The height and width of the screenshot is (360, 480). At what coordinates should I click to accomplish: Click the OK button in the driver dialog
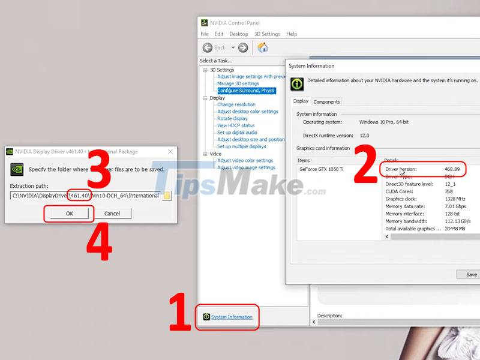coord(70,213)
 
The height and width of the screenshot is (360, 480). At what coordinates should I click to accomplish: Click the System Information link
coord(232,317)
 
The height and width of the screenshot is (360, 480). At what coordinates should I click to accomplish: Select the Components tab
coord(326,101)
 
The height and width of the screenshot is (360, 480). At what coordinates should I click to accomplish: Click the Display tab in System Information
coord(301,101)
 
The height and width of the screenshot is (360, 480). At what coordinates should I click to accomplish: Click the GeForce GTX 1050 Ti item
coord(322,169)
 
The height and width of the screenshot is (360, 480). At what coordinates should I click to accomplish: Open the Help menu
coord(292,34)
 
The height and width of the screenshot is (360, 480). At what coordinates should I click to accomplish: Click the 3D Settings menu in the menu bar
coord(267,34)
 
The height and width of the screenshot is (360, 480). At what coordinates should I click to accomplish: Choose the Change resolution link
coord(236,104)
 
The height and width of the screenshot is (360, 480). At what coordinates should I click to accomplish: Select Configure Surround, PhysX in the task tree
coord(246,91)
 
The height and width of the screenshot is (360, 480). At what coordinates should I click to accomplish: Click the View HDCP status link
coord(236,125)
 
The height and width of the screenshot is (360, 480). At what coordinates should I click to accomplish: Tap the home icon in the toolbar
coord(262,47)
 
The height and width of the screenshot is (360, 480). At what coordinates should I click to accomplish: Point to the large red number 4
coord(100,244)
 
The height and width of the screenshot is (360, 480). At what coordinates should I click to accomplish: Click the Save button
coord(471,274)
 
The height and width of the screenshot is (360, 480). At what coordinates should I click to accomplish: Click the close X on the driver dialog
coord(170,152)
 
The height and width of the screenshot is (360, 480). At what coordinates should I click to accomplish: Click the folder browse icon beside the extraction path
coord(167,196)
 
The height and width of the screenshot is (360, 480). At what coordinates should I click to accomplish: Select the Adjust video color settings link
coord(245,160)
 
